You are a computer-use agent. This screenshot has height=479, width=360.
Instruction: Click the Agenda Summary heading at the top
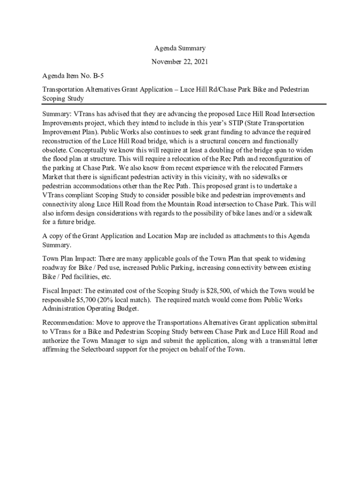[x=180, y=48]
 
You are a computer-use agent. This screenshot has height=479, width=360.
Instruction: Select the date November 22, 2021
[x=180, y=62]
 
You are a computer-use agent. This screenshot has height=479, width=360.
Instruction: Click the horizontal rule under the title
[x=184, y=104]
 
